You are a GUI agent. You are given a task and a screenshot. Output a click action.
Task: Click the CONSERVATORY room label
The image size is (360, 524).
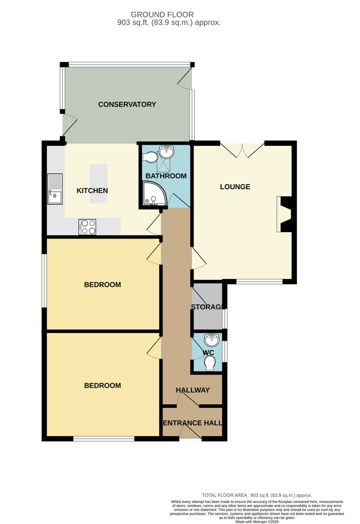127,104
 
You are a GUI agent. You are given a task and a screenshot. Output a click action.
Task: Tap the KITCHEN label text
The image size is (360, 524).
92,190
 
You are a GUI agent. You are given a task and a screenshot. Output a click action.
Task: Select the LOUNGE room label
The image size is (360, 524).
235,187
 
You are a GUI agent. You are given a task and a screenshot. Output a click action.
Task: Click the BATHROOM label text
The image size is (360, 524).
166,176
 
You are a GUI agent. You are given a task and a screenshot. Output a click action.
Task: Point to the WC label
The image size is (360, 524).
208,353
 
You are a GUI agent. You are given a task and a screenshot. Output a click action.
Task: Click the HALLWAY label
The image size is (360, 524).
193,390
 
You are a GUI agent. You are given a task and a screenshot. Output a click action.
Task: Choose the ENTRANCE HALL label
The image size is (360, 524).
193,423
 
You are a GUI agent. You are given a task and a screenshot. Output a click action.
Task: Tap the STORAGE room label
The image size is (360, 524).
206,307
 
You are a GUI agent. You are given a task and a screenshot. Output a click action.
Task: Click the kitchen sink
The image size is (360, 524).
55,189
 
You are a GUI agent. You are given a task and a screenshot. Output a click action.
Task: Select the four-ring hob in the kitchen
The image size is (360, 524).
88,227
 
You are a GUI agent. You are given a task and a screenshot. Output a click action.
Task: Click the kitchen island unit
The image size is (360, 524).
98,184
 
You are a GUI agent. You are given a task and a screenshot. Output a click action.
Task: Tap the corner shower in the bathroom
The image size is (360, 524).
154,193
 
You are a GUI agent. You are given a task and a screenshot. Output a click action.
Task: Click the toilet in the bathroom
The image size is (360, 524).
150,157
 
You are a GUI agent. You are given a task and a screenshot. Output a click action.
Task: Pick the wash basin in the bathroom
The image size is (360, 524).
166,152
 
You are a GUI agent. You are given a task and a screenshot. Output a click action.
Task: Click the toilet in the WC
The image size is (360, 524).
210,363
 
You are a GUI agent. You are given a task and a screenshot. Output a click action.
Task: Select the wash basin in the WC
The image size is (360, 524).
212,340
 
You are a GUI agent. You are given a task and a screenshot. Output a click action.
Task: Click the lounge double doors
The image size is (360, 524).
242,150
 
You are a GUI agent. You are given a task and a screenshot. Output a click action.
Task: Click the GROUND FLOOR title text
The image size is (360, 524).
162,15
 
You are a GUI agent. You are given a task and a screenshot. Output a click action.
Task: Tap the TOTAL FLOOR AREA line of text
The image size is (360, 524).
257,495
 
